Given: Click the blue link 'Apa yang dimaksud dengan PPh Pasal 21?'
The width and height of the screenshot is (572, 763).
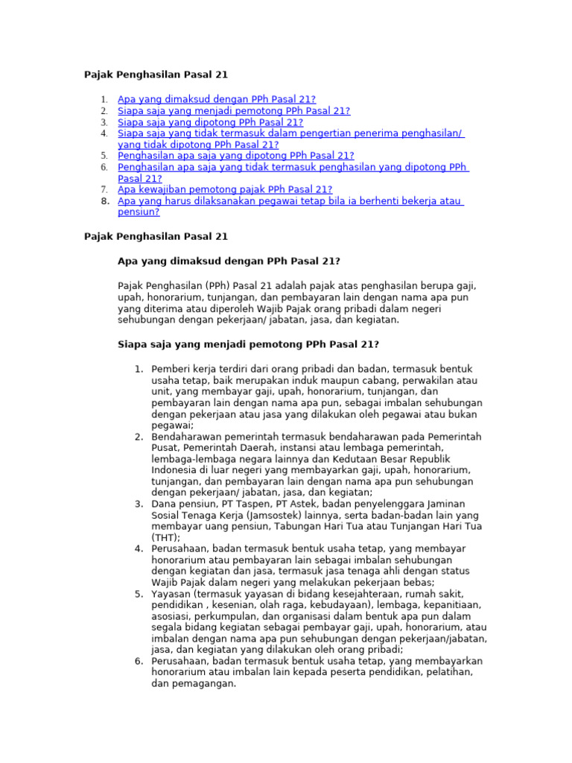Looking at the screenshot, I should tap(217, 99).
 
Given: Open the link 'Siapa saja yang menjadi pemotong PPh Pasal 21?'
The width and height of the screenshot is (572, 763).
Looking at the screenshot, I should tap(234, 110).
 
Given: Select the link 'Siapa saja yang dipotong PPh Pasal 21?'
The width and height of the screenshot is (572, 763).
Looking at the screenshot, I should tap(211, 122).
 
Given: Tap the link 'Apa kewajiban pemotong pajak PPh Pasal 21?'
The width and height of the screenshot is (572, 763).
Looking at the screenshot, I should tap(225, 189).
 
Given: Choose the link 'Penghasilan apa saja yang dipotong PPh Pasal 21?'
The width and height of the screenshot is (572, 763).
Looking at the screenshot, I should tap(236, 156).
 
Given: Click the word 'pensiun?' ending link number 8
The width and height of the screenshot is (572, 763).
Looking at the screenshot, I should tap(139, 212).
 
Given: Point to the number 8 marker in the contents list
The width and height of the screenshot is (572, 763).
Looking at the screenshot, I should tap(104, 201).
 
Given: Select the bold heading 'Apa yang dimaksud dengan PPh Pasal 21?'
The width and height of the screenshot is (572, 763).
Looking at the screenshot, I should tap(229, 261).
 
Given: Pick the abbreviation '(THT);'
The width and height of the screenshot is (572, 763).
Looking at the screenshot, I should tap(166, 537).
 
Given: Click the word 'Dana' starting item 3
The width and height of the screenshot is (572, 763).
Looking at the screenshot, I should tap(164, 504).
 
